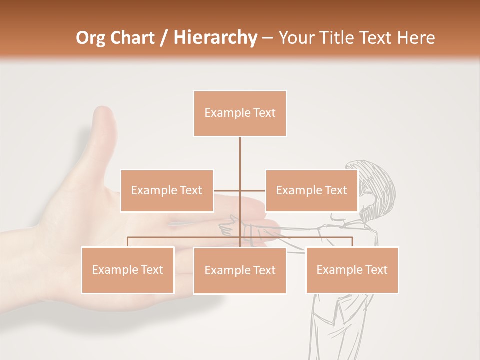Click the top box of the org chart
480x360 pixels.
coord(240,113)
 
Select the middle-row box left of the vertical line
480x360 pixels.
coord(167,190)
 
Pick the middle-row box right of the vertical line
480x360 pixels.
coord(311,190)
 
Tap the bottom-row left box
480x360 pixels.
coord(127,270)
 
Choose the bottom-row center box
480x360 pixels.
coord(240,270)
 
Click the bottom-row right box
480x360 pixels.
coord(352,270)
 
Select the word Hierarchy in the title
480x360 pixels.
coord(215,38)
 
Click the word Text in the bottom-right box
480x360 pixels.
coord(376,270)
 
